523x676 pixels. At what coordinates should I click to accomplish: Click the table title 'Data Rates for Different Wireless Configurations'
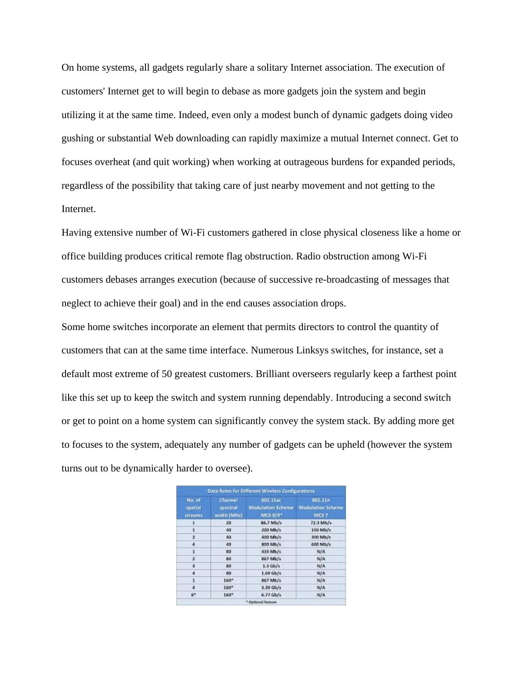[261, 491]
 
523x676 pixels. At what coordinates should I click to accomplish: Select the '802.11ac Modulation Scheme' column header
[271, 507]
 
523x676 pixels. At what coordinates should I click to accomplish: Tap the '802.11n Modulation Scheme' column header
[321, 507]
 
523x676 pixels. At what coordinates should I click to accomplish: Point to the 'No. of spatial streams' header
[193, 507]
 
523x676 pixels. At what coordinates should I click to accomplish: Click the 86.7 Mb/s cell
[271, 523]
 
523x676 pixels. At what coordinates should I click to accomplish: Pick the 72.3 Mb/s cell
[321, 523]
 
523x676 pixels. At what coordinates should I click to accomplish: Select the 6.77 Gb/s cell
[271, 595]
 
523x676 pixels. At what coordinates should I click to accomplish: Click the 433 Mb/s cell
[271, 551]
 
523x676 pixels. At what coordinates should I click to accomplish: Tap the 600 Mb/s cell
[321, 544]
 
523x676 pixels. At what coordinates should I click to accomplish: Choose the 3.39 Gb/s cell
[271, 587]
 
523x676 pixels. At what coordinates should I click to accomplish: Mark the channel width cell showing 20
[229, 523]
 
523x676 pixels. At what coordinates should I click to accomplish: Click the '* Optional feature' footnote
[261, 602]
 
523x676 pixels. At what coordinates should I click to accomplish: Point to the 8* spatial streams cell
[193, 595]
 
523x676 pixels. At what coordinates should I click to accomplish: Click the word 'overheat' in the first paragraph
[113, 162]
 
